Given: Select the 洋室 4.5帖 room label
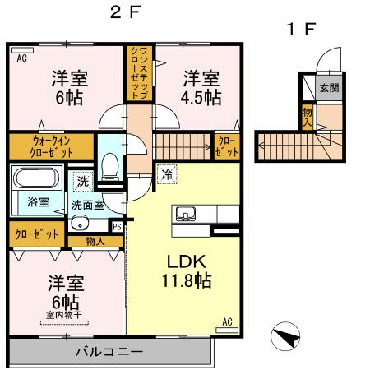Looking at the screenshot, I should pos(201,88).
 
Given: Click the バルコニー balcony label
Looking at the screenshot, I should pos(109,351).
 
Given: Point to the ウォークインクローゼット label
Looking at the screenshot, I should pos(42,146).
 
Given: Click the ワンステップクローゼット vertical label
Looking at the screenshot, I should pos(135,73).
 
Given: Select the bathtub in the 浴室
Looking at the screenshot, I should pos(37,179).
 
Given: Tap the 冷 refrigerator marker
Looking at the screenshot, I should pos(167,174).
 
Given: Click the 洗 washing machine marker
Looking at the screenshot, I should pos(82,180).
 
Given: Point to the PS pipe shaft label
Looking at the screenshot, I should pos(117,226).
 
